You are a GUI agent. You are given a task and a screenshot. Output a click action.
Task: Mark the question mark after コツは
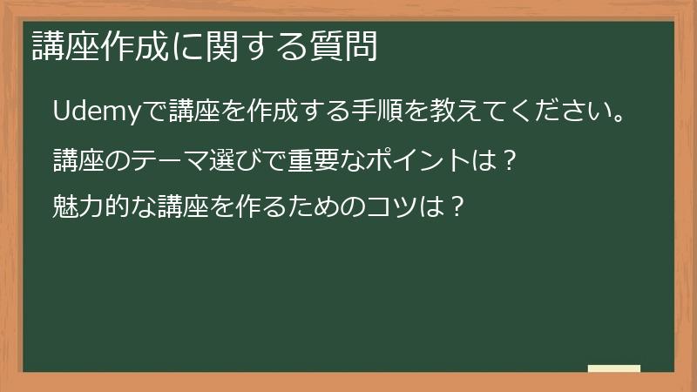pyautogui.click(x=447, y=208)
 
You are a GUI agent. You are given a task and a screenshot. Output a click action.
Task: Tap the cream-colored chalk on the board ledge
pyautogui.click(x=613, y=368)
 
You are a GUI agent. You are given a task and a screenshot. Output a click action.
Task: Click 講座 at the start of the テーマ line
pyautogui.click(x=75, y=160)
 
